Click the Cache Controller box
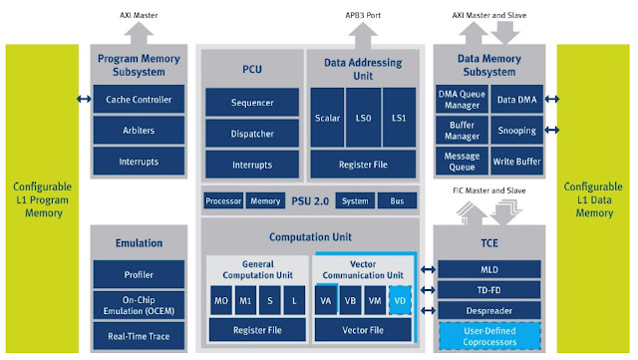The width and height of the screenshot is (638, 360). click(x=139, y=100)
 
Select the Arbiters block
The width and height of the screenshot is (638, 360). click(x=139, y=131)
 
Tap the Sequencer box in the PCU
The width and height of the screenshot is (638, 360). click(x=252, y=102)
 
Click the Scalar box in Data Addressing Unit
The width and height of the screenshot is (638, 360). click(x=327, y=118)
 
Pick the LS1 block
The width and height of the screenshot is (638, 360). click(x=399, y=118)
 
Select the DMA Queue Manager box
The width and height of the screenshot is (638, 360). click(x=461, y=100)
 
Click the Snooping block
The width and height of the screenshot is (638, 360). click(x=516, y=131)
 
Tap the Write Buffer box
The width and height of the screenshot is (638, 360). click(x=516, y=161)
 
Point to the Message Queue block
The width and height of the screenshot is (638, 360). click(x=461, y=161)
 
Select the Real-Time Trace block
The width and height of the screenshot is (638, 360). click(x=139, y=338)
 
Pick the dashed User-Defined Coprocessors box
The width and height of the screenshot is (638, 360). click(x=488, y=336)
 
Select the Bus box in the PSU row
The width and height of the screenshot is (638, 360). click(x=397, y=200)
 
